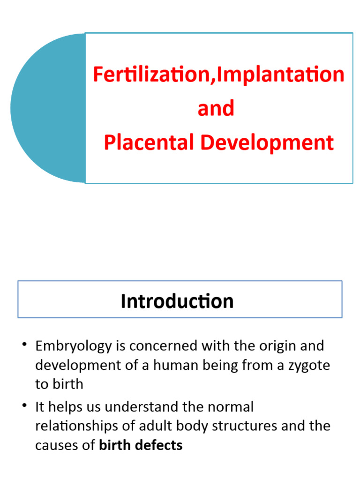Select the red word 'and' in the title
(216, 109)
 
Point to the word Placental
(149, 142)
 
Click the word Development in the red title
(267, 142)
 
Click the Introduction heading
(177, 301)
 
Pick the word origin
(274, 346)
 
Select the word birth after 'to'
(67, 384)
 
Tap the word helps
(66, 407)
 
